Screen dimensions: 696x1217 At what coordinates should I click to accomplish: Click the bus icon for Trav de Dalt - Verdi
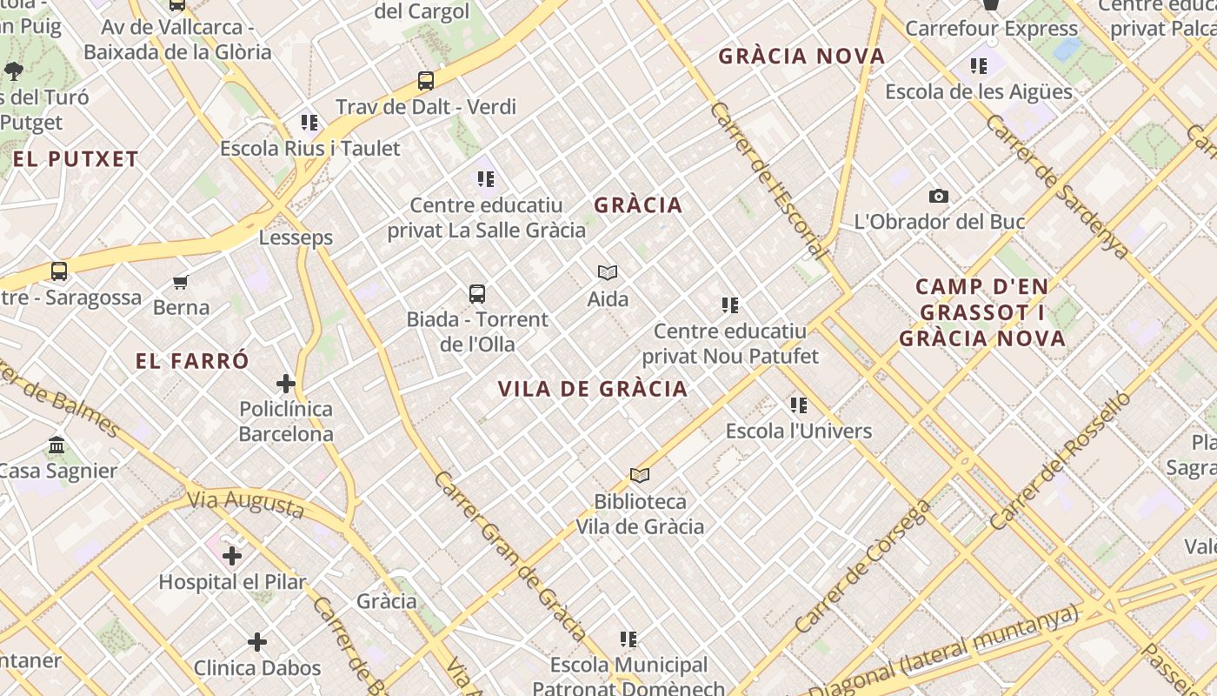coord(426,81)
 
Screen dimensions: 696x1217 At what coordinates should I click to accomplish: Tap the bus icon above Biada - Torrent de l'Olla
coord(477,294)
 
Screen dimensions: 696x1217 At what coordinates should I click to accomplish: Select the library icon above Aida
coord(608,273)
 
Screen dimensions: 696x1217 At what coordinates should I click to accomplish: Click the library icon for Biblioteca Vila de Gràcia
coord(640,475)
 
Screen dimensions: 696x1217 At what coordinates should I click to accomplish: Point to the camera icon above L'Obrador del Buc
coord(939,196)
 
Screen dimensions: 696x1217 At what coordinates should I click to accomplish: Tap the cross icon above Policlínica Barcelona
coord(286,383)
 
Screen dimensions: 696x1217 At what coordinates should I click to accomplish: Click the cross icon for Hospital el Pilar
coord(232,555)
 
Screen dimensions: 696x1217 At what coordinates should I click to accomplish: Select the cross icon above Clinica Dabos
coord(257,642)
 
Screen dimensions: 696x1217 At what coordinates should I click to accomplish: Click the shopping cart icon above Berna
coord(181,282)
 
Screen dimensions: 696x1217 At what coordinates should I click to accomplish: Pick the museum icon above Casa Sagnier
coord(57,445)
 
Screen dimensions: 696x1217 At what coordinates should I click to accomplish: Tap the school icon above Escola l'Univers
coord(799,405)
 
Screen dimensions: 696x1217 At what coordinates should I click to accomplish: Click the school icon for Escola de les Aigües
coord(979,65)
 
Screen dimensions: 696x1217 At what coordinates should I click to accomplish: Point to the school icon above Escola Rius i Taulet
coord(309,123)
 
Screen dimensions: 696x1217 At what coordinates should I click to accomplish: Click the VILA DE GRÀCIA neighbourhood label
coord(593,389)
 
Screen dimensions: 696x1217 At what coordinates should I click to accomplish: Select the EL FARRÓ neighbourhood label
coord(192,361)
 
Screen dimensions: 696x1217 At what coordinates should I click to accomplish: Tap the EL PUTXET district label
coord(76,159)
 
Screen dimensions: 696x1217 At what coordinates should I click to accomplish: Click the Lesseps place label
coord(296,238)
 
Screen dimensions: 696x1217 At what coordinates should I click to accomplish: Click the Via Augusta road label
coord(247,504)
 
